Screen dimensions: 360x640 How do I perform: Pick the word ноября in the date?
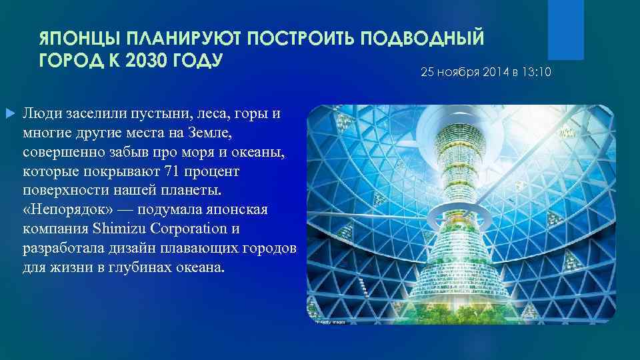[457, 71]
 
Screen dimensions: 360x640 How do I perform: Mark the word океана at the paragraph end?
[201, 267]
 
